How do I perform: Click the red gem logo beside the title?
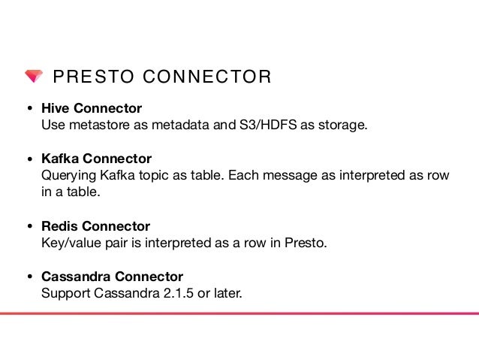[x=33, y=77]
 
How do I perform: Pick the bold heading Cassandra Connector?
[x=112, y=277]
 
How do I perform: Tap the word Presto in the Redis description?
[x=309, y=243]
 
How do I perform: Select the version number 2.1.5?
[x=179, y=293]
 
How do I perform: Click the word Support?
[x=65, y=293]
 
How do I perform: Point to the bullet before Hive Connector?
[x=29, y=109]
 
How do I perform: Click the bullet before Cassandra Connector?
[x=29, y=277]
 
